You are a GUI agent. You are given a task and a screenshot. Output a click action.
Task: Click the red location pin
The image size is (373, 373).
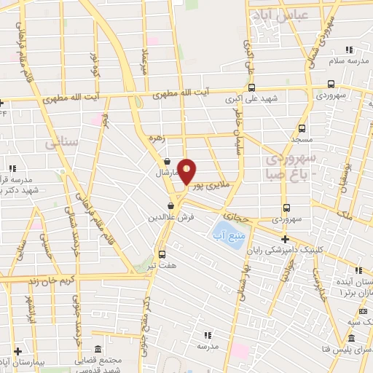click(187, 170)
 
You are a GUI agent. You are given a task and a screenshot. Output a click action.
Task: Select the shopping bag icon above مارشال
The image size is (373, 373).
click(168, 162)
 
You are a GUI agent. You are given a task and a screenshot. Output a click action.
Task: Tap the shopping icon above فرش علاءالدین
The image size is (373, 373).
click(170, 205)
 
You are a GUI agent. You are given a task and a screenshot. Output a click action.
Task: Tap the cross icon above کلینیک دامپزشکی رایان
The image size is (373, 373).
click(284, 239)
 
